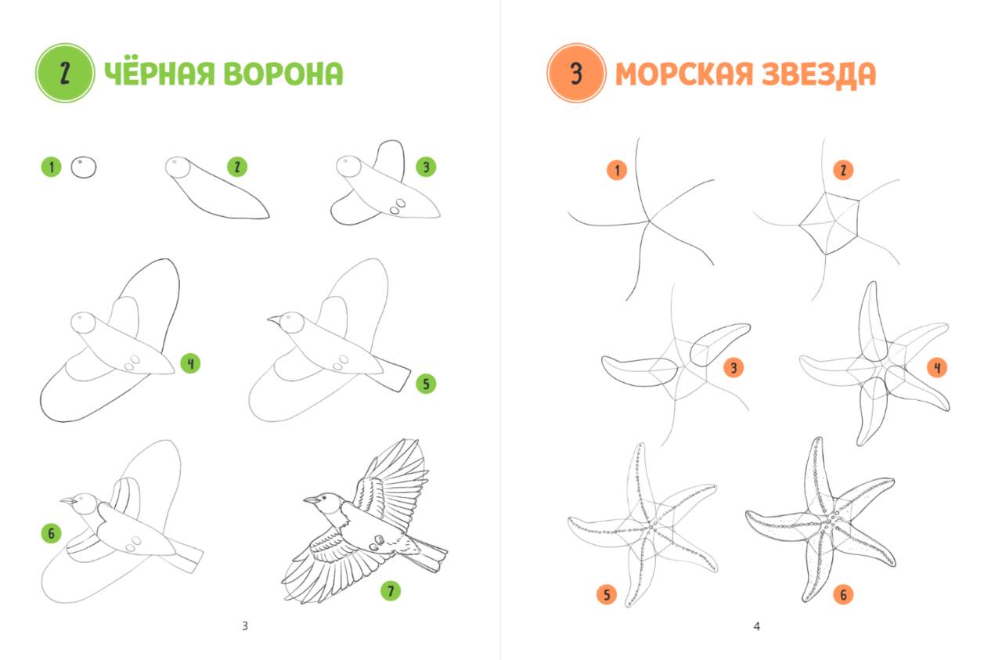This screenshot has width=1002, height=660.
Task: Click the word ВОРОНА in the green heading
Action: click(283, 74)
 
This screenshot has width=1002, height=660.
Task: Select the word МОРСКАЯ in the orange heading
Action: click(684, 74)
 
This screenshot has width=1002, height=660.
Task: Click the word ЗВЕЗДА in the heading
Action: click(819, 74)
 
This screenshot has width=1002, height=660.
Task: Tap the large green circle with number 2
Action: click(65, 73)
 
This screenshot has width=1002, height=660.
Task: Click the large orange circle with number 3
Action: click(576, 73)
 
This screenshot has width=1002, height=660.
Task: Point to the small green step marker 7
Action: click(391, 591)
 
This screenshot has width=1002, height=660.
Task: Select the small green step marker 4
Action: click(190, 363)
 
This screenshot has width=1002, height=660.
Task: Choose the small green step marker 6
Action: click(51, 533)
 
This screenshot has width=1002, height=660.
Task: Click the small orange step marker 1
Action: click(617, 171)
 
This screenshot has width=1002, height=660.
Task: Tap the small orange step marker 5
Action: click(607, 595)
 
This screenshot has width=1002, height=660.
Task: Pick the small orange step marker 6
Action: click(843, 595)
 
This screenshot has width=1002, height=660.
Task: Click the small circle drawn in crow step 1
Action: click(84, 168)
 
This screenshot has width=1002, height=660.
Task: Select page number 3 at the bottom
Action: click(245, 626)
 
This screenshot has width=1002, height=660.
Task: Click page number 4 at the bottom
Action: click(756, 626)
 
